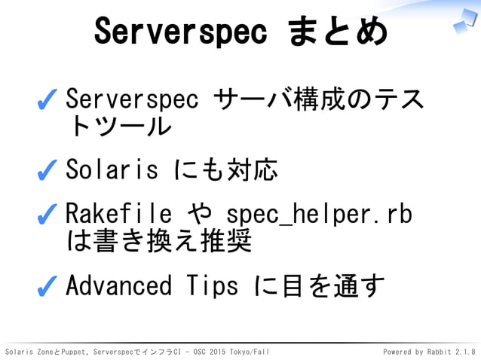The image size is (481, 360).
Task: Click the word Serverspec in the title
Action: pos(180,32)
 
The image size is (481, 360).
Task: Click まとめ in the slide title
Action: pos(338,32)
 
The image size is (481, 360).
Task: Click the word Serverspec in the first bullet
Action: pos(132,99)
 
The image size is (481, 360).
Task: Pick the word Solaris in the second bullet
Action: pos(112,170)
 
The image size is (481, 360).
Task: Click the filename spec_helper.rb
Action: pos(319,215)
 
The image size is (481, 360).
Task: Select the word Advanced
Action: pos(118,285)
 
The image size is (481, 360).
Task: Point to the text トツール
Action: pos(118,126)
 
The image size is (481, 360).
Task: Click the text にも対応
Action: pos(225,170)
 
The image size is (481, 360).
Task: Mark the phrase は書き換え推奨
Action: pos(158,241)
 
